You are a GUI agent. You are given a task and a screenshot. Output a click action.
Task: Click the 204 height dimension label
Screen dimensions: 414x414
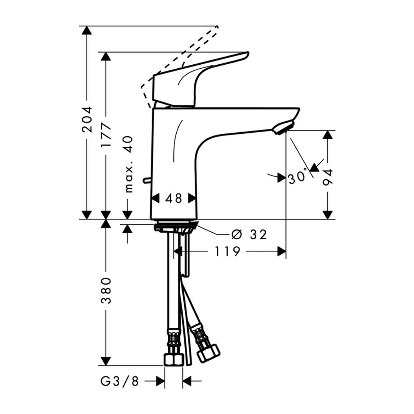87,119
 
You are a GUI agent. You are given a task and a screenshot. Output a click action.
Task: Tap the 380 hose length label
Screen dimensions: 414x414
106,290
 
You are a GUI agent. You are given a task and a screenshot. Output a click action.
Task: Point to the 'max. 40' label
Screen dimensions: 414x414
129,165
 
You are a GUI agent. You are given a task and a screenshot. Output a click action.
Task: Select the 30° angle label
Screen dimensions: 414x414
298,177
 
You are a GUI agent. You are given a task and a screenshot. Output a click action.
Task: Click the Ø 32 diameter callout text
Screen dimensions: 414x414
249,234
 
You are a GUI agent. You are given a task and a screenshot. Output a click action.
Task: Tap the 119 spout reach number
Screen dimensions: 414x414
227,251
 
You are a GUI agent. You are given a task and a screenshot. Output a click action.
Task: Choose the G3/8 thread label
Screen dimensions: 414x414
120,381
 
